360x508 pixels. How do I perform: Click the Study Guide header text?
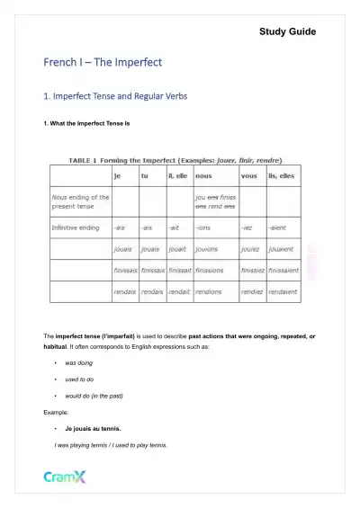pos(287,31)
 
